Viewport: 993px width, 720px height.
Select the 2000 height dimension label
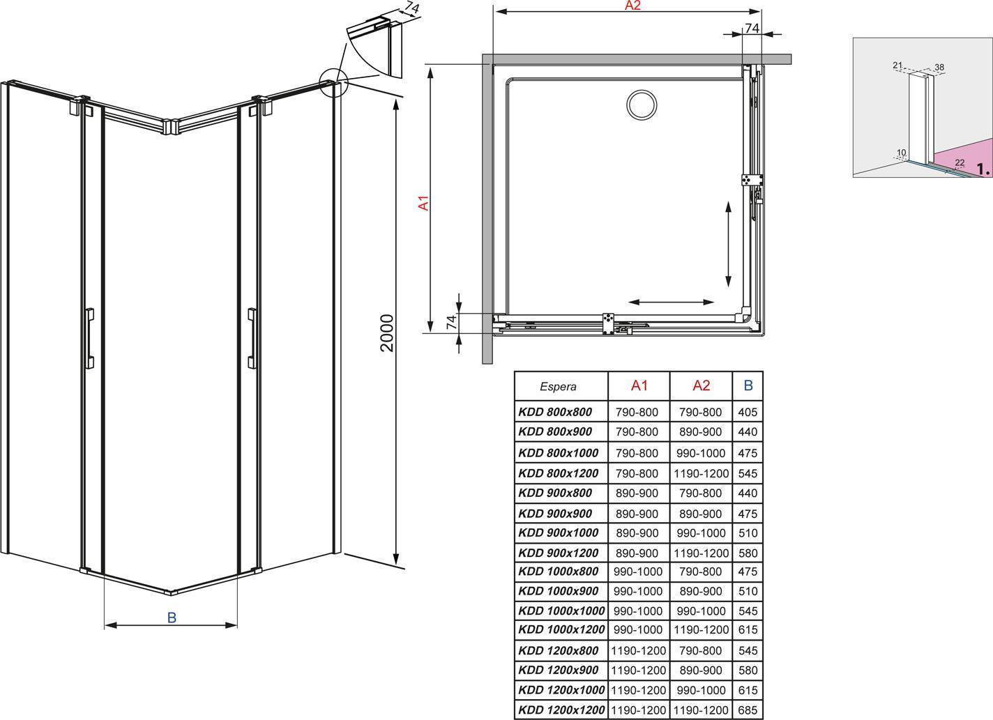pos(386,332)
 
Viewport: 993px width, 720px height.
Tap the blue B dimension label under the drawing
pos(172,618)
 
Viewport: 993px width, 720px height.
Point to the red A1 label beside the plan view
pos(424,203)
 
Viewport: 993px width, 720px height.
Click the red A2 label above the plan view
pos(632,6)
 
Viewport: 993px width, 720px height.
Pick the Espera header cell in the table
pos(558,386)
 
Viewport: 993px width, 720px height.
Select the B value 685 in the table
pos(748,710)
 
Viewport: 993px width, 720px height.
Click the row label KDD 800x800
pos(555,412)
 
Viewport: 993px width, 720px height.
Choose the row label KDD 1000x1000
pos(561,611)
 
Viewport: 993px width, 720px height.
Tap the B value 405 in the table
pos(748,413)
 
